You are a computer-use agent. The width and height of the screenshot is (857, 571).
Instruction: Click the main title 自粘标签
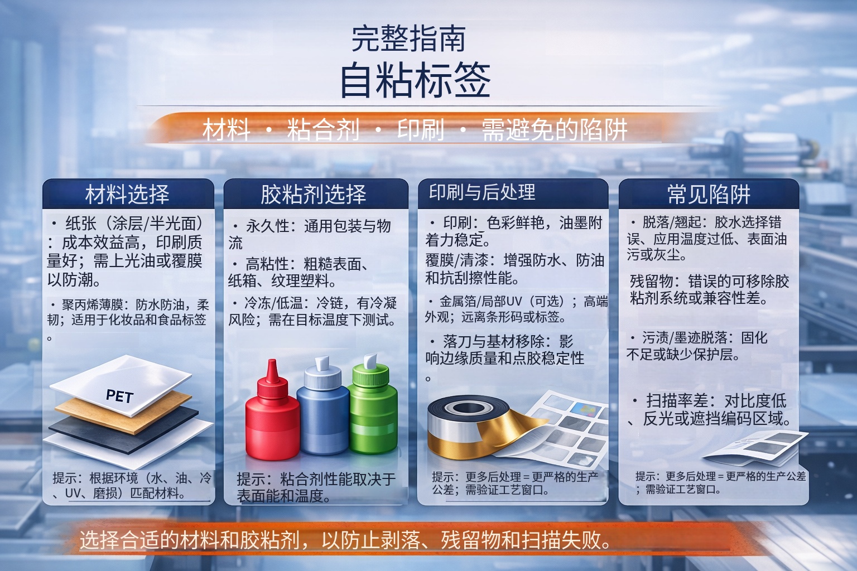pos(415,80)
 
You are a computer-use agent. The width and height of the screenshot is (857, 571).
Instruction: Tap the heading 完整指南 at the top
pos(408,38)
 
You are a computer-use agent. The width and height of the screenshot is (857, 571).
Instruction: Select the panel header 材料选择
pos(127,194)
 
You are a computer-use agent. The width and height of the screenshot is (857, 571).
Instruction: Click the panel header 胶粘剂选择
pos(314,194)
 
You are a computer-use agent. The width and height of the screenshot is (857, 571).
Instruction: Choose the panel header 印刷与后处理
pos(482,192)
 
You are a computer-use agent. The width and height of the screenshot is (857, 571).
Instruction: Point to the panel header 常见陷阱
pos(709,194)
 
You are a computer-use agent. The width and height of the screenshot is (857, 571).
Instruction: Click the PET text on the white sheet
pos(119,396)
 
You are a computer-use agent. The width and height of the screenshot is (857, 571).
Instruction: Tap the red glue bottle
pos(272,418)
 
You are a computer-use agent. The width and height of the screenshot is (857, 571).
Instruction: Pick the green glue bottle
pos(373,415)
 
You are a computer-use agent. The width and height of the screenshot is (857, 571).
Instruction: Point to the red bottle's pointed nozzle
pos(272,370)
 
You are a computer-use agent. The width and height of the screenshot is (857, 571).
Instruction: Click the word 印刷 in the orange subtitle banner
pos(420,130)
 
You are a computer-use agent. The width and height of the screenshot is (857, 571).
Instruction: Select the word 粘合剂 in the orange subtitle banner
pos(323,130)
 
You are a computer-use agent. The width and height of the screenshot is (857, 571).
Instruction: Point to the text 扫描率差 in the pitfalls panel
pos(677,400)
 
